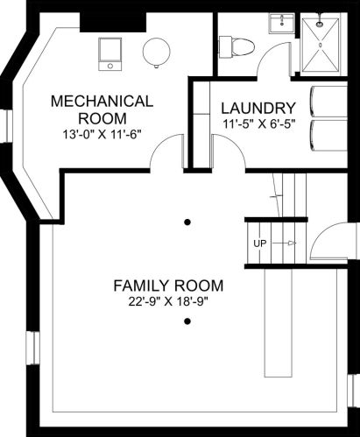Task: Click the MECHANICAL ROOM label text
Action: coord(102,109)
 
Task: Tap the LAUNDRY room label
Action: coord(258,109)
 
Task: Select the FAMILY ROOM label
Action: coord(168,285)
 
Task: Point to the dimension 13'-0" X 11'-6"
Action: coord(102,135)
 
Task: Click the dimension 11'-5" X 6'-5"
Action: coord(258,124)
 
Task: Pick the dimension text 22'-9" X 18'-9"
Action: coord(168,302)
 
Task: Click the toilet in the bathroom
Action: coord(236,46)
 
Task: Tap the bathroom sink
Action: coord(282,24)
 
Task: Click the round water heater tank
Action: coord(157,52)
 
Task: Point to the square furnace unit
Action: coord(109,54)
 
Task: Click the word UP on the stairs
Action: coord(260,243)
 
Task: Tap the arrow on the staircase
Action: coord(286,243)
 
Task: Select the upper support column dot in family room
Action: coord(187,222)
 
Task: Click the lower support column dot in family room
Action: coord(187,321)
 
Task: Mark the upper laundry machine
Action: coord(328,102)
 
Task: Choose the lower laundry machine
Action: coord(328,136)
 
